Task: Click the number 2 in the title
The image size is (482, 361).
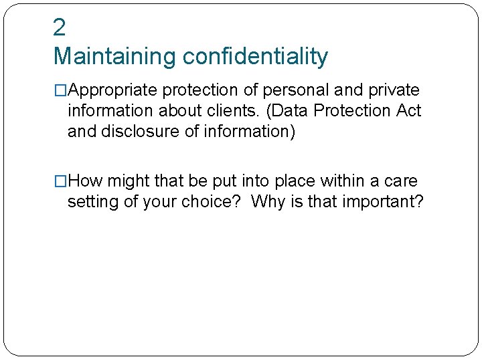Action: tap(60, 27)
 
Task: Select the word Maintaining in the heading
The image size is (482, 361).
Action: tap(114, 57)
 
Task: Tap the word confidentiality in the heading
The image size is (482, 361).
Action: tap(255, 57)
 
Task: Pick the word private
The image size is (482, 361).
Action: tap(394, 90)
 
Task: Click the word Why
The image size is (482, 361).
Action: tap(270, 201)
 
